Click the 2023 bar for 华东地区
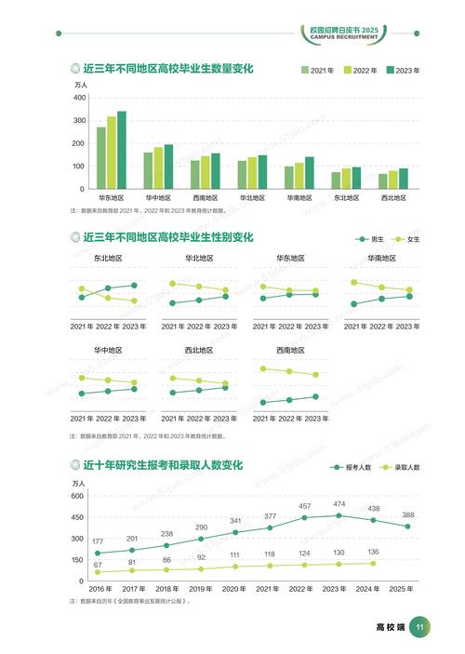tap(122, 151)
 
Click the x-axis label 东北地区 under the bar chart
tap(346, 198)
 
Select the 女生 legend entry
tap(407, 239)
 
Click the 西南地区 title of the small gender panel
tap(292, 350)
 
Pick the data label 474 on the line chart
tap(339, 504)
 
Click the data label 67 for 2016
tap(97, 564)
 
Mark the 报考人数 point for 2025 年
tap(407, 527)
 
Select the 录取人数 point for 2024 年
tap(373, 563)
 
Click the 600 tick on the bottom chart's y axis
tap(77, 496)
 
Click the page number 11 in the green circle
tap(419, 628)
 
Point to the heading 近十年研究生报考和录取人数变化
tap(162, 464)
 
